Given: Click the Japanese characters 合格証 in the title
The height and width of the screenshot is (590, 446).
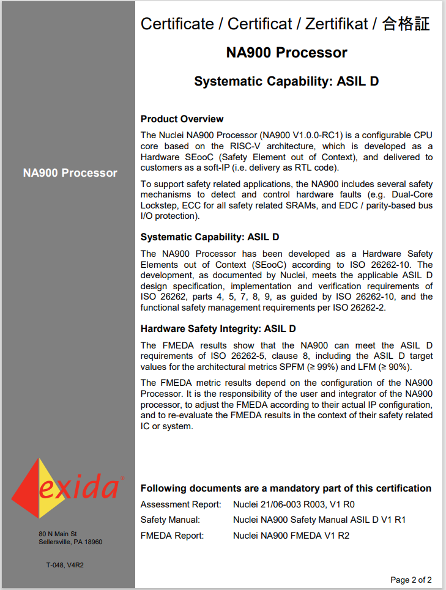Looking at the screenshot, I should click(406, 24).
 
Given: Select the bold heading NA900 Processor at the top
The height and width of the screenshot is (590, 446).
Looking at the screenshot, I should click(286, 53).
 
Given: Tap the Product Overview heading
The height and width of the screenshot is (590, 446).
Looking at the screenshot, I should click(182, 119).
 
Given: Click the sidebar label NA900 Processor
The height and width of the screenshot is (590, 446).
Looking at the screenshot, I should click(70, 173).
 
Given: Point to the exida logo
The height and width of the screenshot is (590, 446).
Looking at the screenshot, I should click(67, 488).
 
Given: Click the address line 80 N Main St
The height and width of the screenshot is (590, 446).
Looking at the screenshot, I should click(58, 534).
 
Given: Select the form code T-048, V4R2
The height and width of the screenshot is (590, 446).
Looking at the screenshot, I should click(64, 565).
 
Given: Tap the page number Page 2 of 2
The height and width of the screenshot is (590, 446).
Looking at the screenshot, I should click(411, 580).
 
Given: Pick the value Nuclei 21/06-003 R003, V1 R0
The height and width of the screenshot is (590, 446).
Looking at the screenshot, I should click(294, 504).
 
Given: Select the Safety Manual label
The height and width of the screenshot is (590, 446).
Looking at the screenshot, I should click(170, 520).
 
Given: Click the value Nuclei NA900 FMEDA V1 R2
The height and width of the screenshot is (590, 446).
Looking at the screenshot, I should click(291, 535).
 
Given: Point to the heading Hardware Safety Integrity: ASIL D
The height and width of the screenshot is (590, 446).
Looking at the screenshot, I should click(218, 329).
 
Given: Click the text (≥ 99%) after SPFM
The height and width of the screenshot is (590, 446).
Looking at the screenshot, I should click(322, 367).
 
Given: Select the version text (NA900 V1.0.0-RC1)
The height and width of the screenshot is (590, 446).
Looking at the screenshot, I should click(300, 135).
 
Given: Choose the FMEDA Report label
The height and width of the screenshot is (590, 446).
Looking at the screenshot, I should click(172, 535).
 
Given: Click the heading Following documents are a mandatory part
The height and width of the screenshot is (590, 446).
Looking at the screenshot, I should click(286, 488).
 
